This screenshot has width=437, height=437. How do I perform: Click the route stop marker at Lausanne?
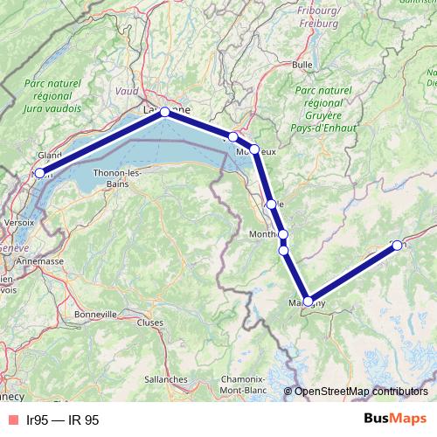click(164, 112)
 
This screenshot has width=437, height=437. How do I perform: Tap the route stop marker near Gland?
click(38, 173)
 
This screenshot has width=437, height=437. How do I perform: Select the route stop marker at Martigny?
click(308, 301)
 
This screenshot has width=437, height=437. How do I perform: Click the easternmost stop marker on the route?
click(397, 245)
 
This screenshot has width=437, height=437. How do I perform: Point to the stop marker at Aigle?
click(272, 205)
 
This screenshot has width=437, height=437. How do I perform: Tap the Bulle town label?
click(302, 65)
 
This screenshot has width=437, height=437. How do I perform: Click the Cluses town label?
click(150, 322)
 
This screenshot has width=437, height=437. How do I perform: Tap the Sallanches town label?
click(166, 379)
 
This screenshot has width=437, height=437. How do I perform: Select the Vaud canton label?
click(127, 90)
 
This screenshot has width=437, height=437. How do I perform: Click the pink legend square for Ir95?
click(12, 420)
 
